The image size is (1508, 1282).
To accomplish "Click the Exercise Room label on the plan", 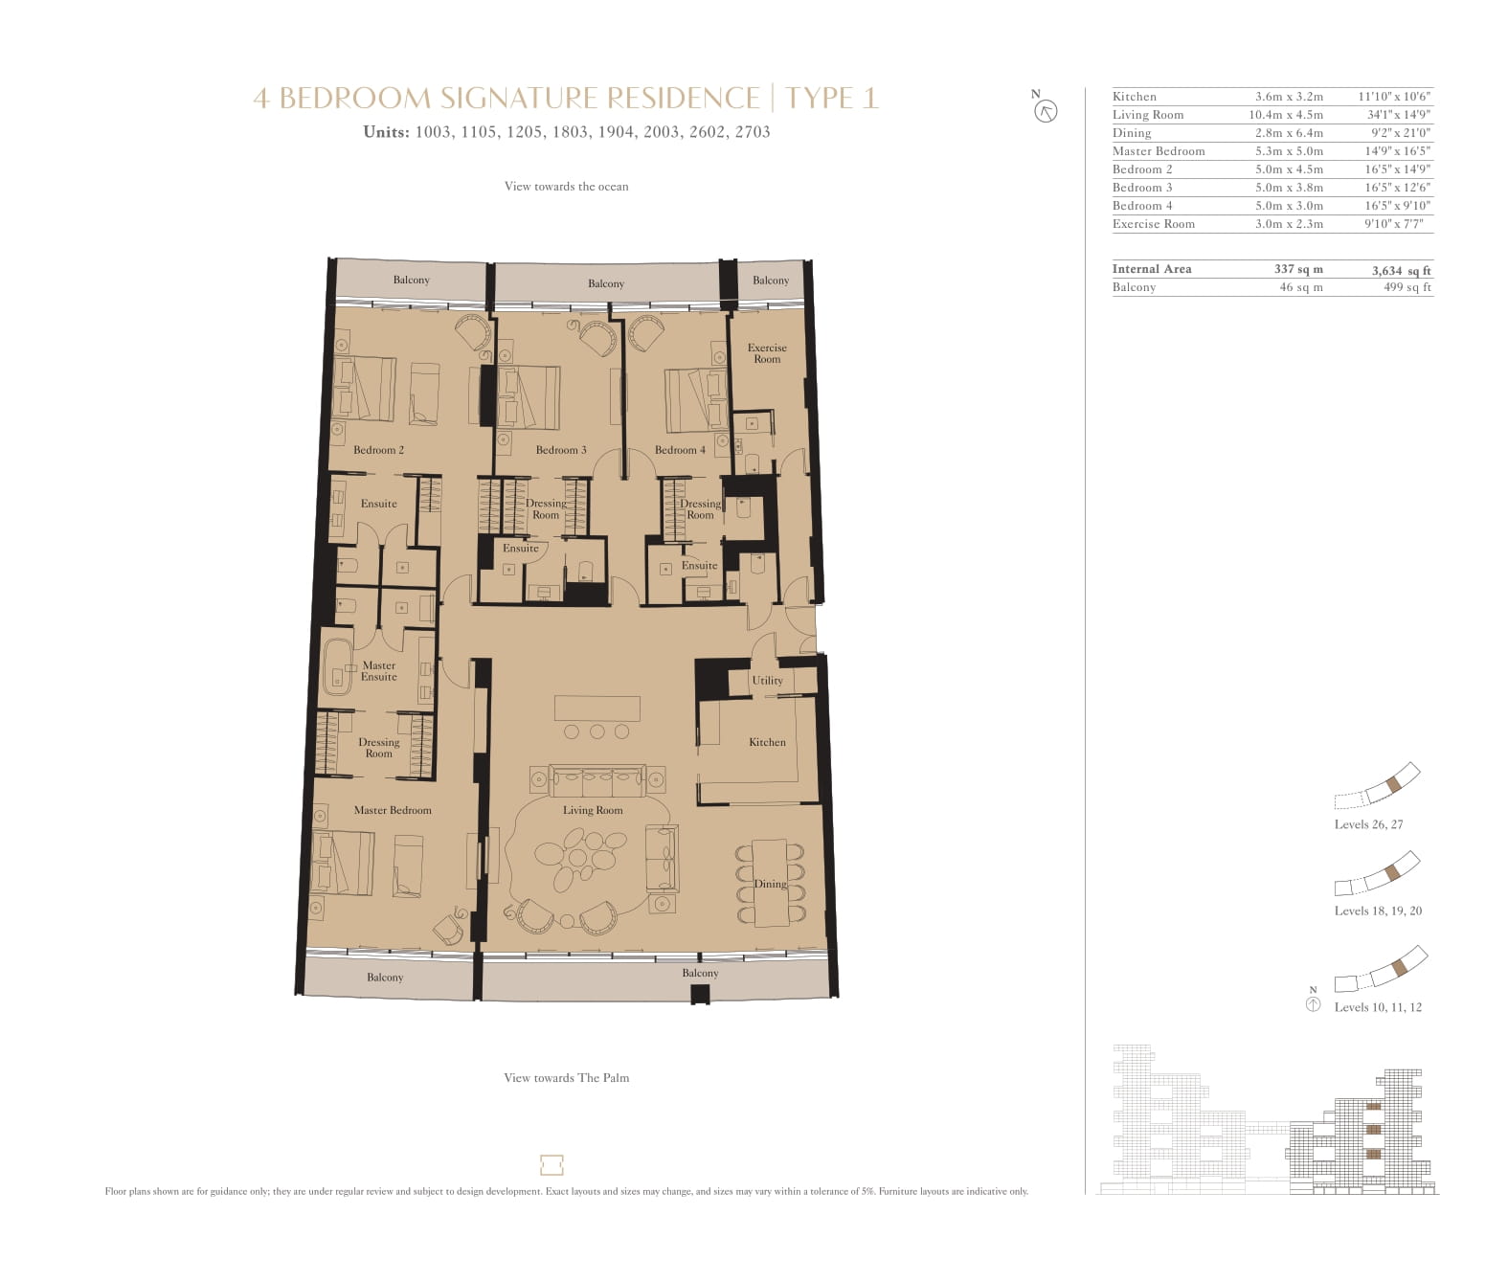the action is click(767, 353).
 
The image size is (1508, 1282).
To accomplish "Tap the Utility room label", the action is click(767, 680).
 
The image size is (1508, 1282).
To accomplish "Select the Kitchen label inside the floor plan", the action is click(767, 742).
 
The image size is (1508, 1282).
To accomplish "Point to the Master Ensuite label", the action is click(378, 671).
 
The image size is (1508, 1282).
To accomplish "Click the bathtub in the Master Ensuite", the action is click(338, 667).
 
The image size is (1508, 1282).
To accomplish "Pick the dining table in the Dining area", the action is click(770, 883).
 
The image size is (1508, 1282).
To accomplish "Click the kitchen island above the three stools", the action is click(596, 708).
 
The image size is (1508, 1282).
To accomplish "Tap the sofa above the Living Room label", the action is click(596, 781).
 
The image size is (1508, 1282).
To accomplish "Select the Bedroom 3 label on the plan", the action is click(561, 450).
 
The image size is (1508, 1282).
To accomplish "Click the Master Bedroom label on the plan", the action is click(393, 810).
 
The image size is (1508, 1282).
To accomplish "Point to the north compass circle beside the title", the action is click(1047, 112).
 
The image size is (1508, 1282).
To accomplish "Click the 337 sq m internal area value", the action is click(1298, 269).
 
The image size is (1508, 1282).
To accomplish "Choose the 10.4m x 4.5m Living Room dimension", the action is click(1286, 115).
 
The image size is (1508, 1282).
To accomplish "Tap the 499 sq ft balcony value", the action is click(1407, 287).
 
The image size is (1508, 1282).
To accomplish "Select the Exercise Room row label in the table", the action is click(1154, 224).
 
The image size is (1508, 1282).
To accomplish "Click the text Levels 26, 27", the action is click(1368, 824).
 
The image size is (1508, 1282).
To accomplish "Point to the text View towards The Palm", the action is click(566, 1078).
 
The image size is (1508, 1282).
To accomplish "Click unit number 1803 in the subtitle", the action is click(570, 132).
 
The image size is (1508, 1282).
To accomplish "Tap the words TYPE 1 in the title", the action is click(832, 98).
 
